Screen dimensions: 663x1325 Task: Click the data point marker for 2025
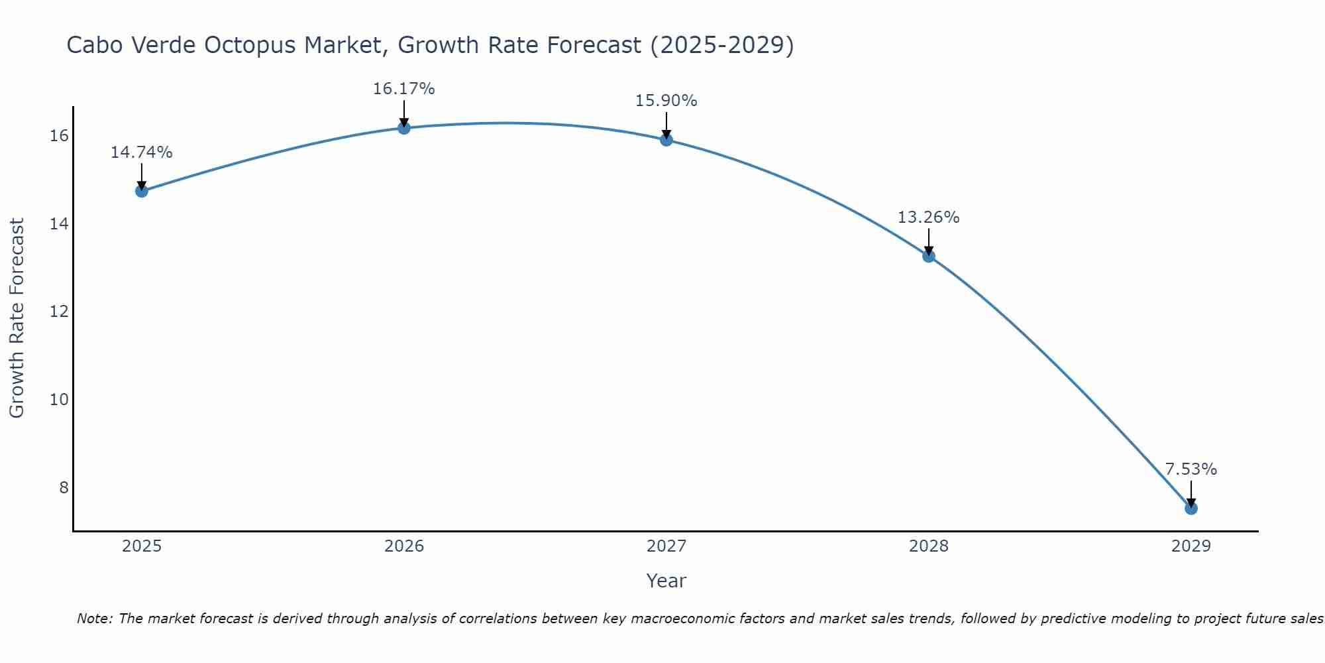[x=141, y=191]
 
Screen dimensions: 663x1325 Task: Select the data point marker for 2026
[x=403, y=127]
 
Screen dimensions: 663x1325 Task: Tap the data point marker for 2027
[x=666, y=139]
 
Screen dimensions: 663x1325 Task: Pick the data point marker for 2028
[x=928, y=256]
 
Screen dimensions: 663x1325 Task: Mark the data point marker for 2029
[x=1191, y=509]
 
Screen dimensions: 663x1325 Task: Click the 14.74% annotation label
[x=141, y=152]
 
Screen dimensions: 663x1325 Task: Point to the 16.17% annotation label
[x=403, y=89]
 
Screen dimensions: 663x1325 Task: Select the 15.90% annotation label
[x=666, y=101]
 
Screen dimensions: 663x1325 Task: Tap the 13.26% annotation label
[x=928, y=217]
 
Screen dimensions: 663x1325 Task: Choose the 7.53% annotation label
[x=1191, y=469]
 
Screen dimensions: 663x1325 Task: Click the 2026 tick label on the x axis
[x=404, y=546]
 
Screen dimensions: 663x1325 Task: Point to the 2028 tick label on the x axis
[x=928, y=546]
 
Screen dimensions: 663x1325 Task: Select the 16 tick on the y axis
[x=59, y=136]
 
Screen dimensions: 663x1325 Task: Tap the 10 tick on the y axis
[x=59, y=399]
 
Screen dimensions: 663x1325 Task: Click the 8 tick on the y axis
[x=64, y=487]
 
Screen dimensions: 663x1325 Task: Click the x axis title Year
[x=666, y=581]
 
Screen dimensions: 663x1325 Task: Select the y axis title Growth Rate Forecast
[x=17, y=318]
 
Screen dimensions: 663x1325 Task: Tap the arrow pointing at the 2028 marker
[x=928, y=243]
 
